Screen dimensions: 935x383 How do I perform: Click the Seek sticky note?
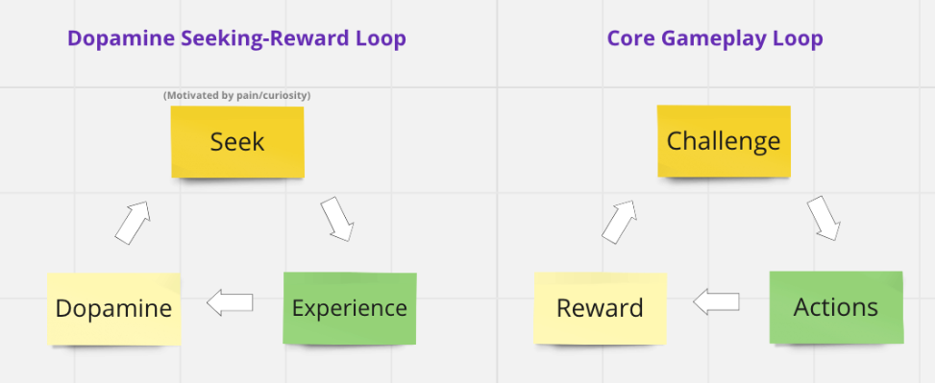(237, 142)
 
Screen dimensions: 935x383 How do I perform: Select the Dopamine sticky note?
(114, 308)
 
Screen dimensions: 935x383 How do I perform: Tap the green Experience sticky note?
(350, 308)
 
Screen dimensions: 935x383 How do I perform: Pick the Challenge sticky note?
(724, 141)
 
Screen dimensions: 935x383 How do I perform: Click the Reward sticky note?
(600, 308)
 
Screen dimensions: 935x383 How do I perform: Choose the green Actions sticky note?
(836, 307)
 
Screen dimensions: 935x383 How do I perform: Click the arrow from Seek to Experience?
(337, 219)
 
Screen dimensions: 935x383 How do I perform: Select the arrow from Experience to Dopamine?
(230, 302)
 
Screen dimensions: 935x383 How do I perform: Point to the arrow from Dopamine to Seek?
(132, 223)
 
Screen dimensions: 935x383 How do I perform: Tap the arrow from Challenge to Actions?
(824, 219)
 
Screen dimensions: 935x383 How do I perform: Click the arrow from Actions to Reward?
(716, 302)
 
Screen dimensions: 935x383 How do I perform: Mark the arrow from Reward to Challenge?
(619, 222)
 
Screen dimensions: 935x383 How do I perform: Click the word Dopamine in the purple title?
(121, 38)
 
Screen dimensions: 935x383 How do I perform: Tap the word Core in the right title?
(631, 38)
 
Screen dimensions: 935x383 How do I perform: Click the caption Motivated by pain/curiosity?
(236, 95)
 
